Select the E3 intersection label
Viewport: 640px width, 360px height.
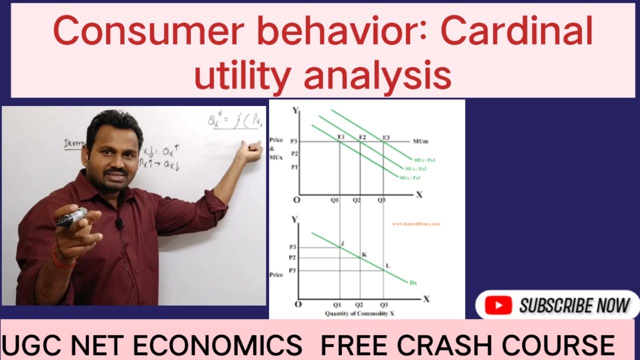point(386,137)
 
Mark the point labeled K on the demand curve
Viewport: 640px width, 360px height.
point(364,255)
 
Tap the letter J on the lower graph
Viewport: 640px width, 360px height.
point(342,243)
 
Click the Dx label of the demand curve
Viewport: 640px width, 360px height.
point(413,282)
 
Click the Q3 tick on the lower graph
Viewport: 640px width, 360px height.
point(383,304)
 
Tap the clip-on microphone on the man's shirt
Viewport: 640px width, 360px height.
point(120,223)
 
